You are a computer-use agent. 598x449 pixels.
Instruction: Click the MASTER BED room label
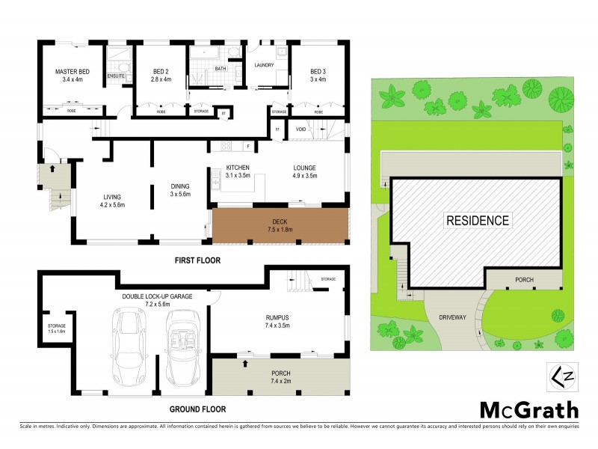tap(72, 76)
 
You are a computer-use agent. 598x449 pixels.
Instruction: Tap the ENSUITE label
tap(116, 76)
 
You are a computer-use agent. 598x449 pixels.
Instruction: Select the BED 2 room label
tap(161, 76)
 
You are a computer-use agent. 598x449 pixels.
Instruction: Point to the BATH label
tap(221, 68)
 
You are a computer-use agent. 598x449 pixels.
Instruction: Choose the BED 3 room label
tap(318, 76)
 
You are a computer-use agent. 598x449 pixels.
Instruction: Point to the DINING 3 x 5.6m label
tap(180, 190)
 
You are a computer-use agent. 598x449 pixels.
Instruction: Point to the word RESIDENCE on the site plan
tap(478, 221)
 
